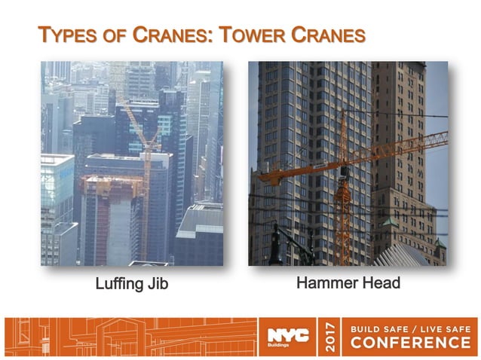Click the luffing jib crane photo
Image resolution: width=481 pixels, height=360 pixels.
[132, 163]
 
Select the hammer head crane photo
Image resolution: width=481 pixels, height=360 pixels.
[348, 163]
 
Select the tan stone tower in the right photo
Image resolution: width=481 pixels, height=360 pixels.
[407, 151]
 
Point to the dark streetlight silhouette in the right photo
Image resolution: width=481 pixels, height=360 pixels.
[275, 241]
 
